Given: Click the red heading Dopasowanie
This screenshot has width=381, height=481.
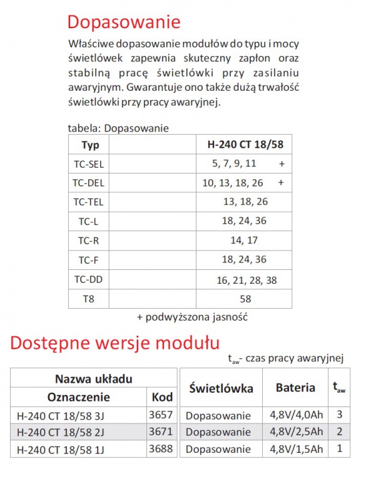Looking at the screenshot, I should pyautogui.click(x=124, y=22).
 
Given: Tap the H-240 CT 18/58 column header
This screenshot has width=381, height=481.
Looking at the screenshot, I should pyautogui.click(x=245, y=145).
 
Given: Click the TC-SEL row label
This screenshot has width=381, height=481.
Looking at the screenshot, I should pyautogui.click(x=89, y=164).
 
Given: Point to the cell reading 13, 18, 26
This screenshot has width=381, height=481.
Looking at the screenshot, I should pyautogui.click(x=245, y=202).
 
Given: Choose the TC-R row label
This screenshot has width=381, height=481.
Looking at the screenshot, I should pyautogui.click(x=89, y=240).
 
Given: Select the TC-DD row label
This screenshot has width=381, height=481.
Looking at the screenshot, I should pyautogui.click(x=89, y=280).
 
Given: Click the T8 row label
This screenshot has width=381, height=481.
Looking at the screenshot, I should pyautogui.click(x=89, y=299).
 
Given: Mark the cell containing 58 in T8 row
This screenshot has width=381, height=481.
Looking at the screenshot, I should pyautogui.click(x=245, y=299).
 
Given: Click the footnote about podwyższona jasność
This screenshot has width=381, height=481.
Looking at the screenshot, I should pyautogui.click(x=192, y=317).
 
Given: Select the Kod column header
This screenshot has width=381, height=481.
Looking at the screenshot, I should pyautogui.click(x=163, y=397).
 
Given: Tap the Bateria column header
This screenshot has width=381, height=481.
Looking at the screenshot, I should pyautogui.click(x=295, y=388).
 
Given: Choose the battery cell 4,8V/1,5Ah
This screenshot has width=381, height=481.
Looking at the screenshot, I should pyautogui.click(x=296, y=448).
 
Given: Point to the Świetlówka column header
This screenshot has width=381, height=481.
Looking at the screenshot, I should pyautogui.click(x=221, y=388).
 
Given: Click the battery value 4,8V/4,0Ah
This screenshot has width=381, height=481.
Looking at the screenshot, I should pyautogui.click(x=296, y=415).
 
